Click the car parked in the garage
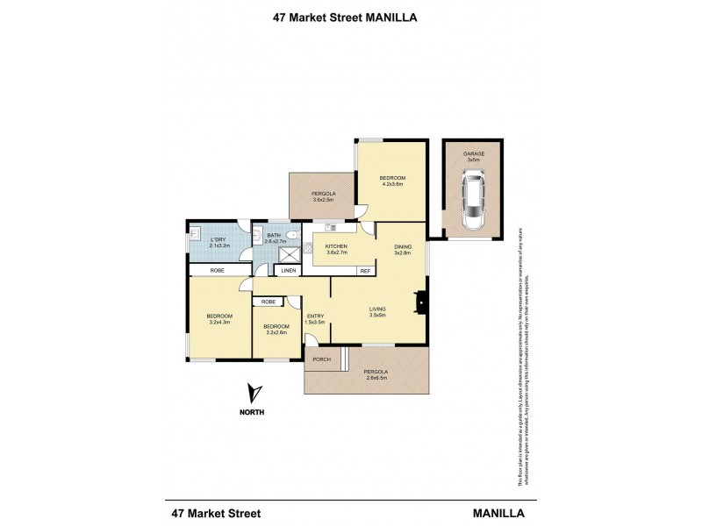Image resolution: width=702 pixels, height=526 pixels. (x=474, y=202)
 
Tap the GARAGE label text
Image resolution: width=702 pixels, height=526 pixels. (x=474, y=153)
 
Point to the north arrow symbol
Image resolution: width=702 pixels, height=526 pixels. (x=254, y=393)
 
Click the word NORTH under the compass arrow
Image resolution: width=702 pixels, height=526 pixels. (x=254, y=413)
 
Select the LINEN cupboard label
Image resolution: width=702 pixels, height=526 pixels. (x=287, y=272)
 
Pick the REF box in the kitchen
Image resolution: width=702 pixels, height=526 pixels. (x=364, y=272)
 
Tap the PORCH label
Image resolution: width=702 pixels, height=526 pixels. (x=320, y=359)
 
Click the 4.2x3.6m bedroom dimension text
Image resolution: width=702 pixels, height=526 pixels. (x=392, y=184)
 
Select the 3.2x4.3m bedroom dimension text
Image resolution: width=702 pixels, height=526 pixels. (x=219, y=322)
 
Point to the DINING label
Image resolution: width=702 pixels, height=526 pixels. (x=402, y=246)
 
